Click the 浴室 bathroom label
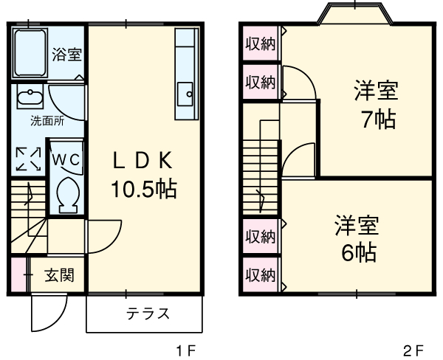point(66,54)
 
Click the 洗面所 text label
point(27,120)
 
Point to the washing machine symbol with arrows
point(28,159)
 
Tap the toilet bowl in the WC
point(66,193)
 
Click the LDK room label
point(143,160)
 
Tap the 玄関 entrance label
point(58,276)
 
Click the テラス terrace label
point(145,313)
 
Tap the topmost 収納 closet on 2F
point(260,44)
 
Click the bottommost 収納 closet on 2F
point(260,274)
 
